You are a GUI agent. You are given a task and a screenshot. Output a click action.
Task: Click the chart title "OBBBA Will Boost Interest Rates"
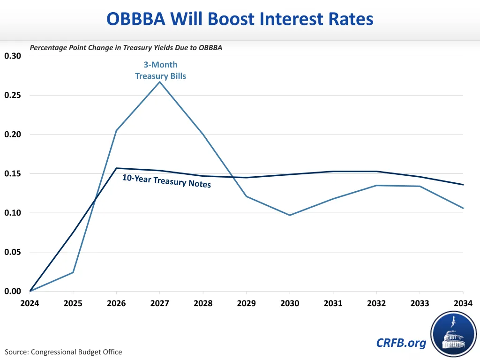[x=240, y=19]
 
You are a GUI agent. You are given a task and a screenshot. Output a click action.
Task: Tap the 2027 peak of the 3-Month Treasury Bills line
[x=160, y=82]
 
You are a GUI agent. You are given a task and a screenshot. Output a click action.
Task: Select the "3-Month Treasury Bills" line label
[x=160, y=70]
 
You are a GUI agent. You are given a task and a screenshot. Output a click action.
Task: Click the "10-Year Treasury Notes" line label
[x=166, y=180]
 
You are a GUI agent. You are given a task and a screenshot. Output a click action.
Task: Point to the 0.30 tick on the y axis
[x=13, y=56]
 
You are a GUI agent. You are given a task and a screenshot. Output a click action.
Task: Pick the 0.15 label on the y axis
[x=13, y=174]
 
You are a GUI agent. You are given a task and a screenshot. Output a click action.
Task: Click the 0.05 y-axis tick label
[x=13, y=252]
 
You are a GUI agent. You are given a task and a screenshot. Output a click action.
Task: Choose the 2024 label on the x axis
[x=30, y=303]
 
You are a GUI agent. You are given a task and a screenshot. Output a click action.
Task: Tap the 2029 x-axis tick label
[x=247, y=303]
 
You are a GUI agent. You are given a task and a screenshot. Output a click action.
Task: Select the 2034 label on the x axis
[x=463, y=303]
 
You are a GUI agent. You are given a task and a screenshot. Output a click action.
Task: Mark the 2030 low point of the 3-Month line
[x=290, y=215]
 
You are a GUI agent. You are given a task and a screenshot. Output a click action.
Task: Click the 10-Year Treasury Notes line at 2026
[x=116, y=168]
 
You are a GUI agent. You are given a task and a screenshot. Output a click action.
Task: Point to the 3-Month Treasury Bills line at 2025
[x=73, y=272]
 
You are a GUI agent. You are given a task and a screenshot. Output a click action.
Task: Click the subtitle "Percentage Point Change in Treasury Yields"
[x=126, y=48]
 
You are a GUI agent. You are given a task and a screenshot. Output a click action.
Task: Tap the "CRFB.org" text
[x=401, y=343]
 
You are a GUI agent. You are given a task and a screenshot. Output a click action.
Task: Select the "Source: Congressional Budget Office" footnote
[x=63, y=352]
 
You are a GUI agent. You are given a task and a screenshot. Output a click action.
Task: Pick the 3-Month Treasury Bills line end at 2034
[x=463, y=208]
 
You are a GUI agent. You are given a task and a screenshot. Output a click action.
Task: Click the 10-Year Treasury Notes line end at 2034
[x=463, y=185]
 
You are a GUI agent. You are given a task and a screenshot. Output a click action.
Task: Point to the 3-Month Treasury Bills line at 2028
[x=203, y=135]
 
